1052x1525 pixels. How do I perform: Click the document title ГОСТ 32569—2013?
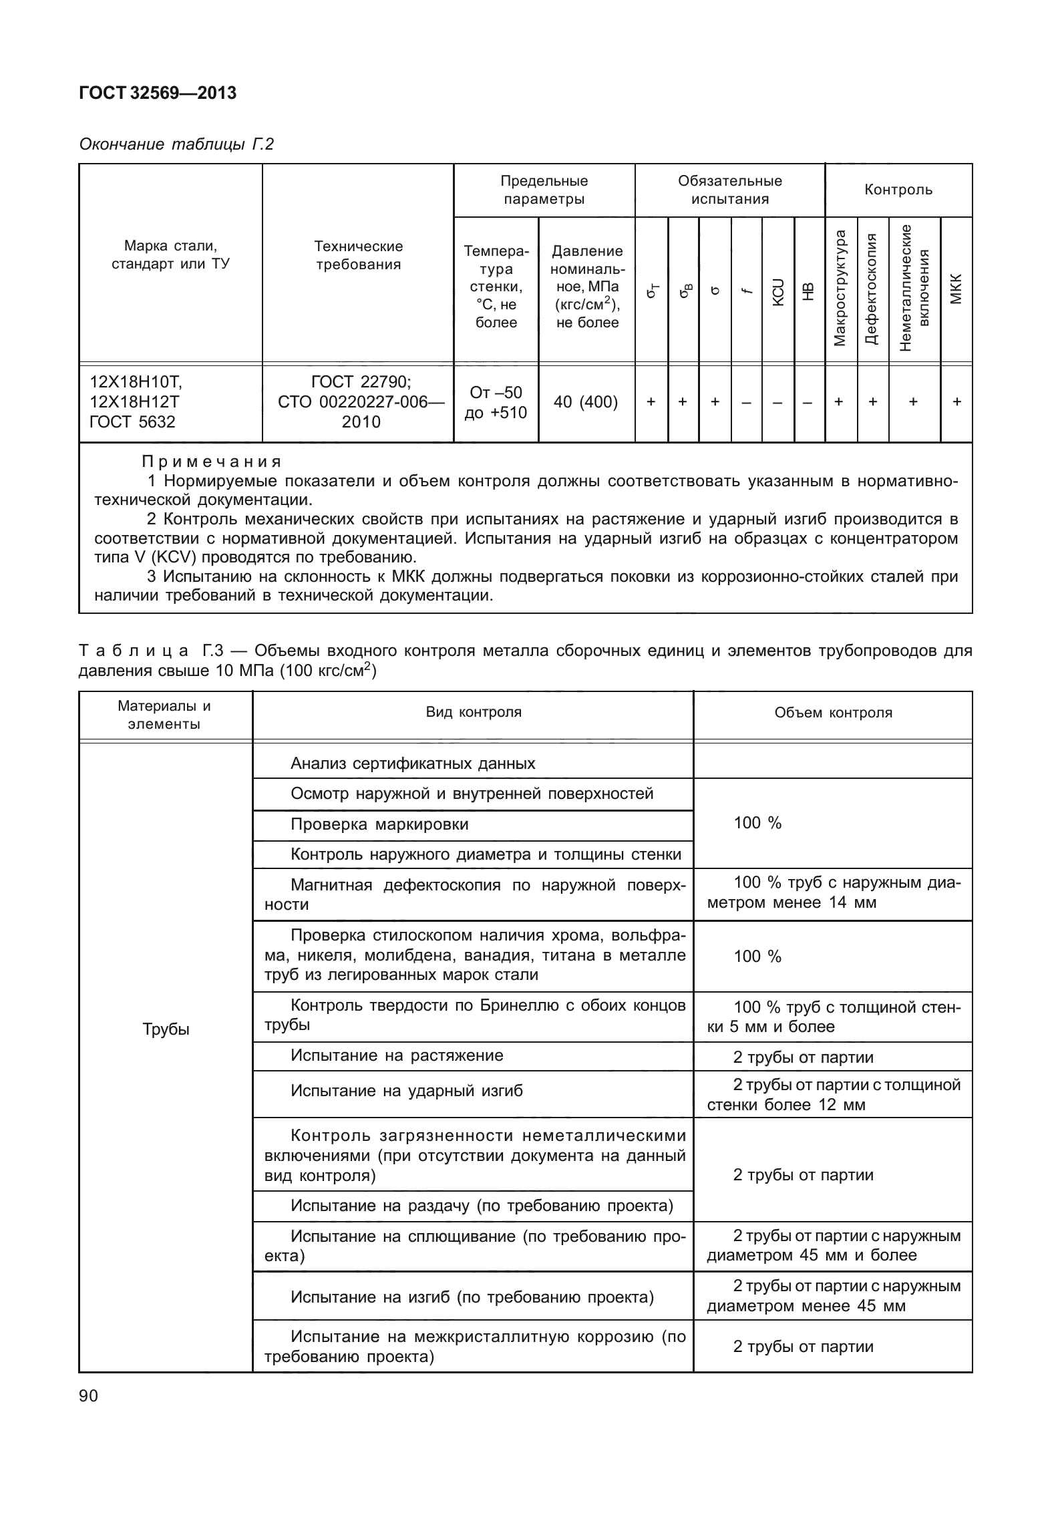(158, 94)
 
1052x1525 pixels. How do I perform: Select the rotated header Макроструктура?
(840, 289)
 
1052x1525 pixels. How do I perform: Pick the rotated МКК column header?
(956, 288)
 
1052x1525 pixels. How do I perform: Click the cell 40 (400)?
(586, 402)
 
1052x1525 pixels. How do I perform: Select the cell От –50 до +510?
(496, 402)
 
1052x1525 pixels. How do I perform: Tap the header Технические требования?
(358, 255)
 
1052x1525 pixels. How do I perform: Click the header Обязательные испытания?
(729, 190)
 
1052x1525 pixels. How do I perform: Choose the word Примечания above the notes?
(212, 462)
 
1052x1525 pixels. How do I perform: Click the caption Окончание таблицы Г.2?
(176, 144)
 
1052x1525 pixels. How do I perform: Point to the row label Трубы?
(166, 1029)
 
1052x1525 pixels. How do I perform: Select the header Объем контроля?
(833, 713)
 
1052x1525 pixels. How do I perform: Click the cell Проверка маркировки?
(379, 824)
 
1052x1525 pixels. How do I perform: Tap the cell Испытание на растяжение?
(397, 1055)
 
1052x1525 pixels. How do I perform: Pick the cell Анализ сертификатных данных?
(413, 764)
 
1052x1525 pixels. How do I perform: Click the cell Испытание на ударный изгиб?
(406, 1091)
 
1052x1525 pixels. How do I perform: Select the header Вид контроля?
(473, 712)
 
